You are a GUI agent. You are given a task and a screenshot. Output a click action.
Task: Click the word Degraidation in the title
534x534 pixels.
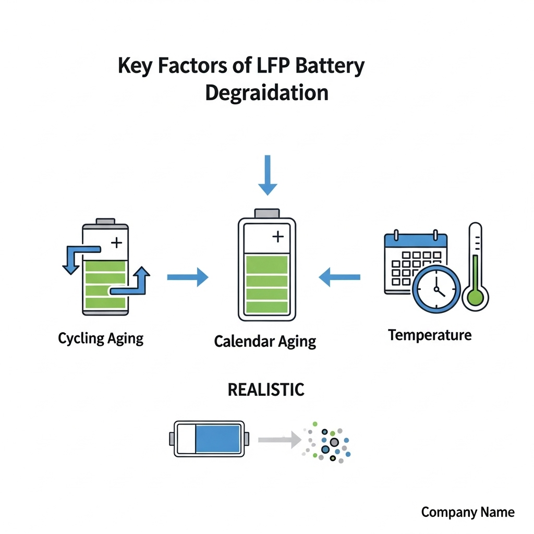pyautogui.click(x=266, y=92)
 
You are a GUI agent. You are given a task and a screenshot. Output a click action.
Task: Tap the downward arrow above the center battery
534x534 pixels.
pyautogui.click(x=268, y=175)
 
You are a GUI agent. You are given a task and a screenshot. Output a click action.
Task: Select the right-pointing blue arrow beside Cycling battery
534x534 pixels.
pyautogui.click(x=188, y=277)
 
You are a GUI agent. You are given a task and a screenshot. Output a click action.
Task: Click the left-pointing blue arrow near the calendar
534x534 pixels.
pyautogui.click(x=339, y=277)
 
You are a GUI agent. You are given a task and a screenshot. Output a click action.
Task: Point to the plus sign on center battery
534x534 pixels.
pyautogui.click(x=278, y=237)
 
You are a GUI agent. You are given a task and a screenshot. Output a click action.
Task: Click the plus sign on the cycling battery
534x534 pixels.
pyautogui.click(x=117, y=242)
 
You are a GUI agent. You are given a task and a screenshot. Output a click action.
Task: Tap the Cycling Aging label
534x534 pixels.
pyautogui.click(x=101, y=338)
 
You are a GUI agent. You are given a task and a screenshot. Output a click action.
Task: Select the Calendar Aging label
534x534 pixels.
pyautogui.click(x=265, y=342)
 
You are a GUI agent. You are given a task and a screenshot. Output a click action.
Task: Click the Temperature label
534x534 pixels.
pyautogui.click(x=430, y=335)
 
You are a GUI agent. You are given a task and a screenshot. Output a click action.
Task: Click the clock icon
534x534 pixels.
pyautogui.click(x=436, y=289)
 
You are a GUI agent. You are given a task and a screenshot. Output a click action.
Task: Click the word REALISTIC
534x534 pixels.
pyautogui.click(x=266, y=390)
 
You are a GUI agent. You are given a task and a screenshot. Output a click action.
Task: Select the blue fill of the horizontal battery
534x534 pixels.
pyautogui.click(x=218, y=439)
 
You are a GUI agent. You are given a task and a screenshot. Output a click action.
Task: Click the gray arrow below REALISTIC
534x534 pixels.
pyautogui.click(x=280, y=440)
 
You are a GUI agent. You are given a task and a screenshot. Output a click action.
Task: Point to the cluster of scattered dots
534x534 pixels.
pyautogui.click(x=327, y=442)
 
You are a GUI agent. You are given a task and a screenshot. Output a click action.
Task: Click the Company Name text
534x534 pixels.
pyautogui.click(x=468, y=512)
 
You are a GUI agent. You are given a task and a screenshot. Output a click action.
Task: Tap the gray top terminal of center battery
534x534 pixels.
pyautogui.click(x=267, y=213)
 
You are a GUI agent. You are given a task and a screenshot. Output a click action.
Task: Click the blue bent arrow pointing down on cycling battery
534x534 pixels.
pyautogui.click(x=73, y=259)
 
